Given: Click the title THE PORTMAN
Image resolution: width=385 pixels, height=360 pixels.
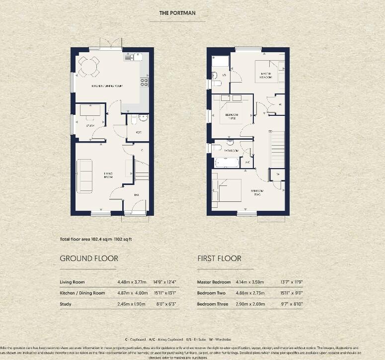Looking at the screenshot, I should pyautogui.click(x=177, y=13).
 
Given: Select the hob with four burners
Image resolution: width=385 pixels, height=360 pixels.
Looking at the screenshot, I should pyautogui.click(x=145, y=82).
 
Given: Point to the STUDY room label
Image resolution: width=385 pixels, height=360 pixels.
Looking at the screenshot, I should pyautogui.click(x=90, y=126).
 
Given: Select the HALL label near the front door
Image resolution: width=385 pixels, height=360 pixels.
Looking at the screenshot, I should pyautogui.click(x=136, y=195).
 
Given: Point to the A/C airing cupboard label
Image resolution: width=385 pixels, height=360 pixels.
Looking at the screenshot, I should pyautogui.click(x=248, y=162).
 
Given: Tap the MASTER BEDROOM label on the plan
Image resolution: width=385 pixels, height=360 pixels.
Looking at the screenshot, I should pyautogui.click(x=266, y=76).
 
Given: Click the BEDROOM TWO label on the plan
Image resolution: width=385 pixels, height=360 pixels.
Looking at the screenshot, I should pyautogui.click(x=257, y=192).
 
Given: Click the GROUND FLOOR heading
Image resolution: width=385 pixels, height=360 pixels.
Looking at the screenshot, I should pyautogui.click(x=89, y=259).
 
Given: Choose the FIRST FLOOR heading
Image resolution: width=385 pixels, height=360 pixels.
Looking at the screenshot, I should pyautogui.click(x=219, y=259).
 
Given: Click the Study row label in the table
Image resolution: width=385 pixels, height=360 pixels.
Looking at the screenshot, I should pyautogui.click(x=66, y=304).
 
